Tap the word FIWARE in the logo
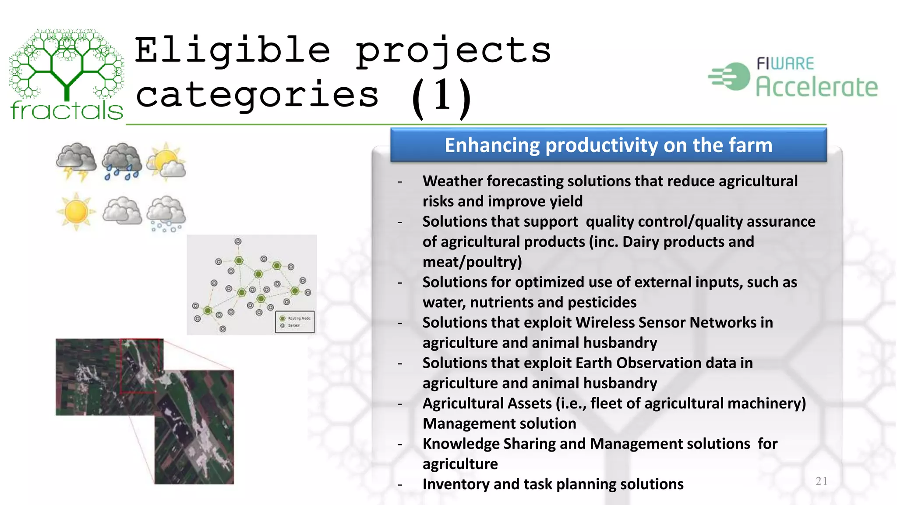click(785, 64)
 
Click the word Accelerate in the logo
click(816, 87)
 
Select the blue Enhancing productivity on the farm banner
click(608, 146)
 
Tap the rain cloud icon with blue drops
click(122, 161)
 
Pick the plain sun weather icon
click(76, 212)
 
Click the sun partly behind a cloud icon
click(166, 162)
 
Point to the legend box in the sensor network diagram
click(295, 322)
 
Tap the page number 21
click(821, 481)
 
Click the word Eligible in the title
click(232, 50)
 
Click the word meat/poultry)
click(472, 262)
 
